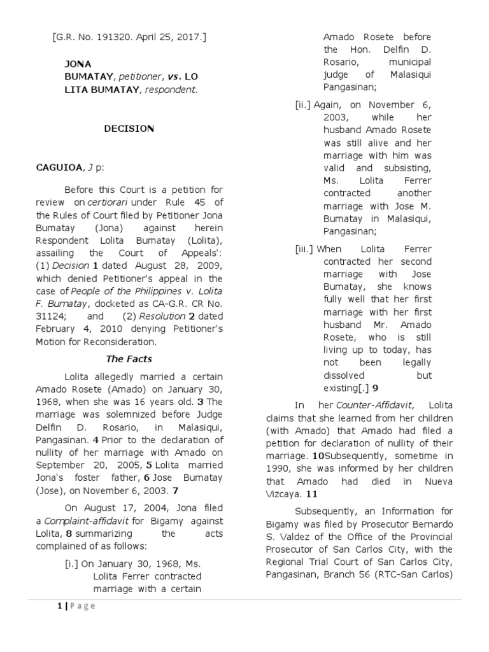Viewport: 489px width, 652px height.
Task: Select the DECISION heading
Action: pyautogui.click(x=129, y=129)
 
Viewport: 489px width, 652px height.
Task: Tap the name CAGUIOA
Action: pyautogui.click(x=59, y=167)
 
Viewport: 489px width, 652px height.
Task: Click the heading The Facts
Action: pyautogui.click(x=129, y=359)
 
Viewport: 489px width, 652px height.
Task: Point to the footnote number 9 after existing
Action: pyautogui.click(x=376, y=387)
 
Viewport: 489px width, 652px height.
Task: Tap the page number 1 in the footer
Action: pyautogui.click(x=59, y=606)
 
